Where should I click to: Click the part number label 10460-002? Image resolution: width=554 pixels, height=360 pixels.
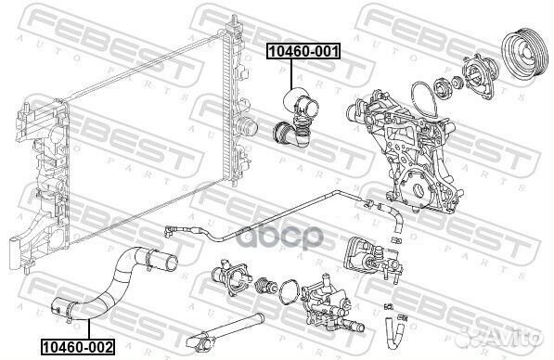point(76,348)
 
